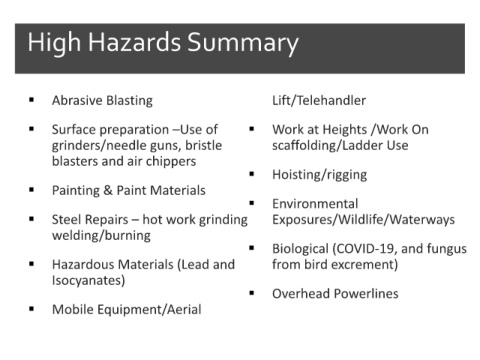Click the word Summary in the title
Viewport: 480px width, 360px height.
(x=243, y=44)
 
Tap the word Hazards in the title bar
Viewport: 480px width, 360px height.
(x=134, y=42)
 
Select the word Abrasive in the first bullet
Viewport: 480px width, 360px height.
(x=76, y=100)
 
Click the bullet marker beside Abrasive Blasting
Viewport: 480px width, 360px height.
(x=32, y=99)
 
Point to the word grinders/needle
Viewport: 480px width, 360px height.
(x=95, y=146)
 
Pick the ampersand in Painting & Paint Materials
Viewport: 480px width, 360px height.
(x=108, y=191)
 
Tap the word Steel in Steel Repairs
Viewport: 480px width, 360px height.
(x=64, y=220)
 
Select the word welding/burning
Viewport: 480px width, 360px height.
(x=101, y=236)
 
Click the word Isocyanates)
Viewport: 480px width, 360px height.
(x=88, y=280)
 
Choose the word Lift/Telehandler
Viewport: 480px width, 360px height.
(x=319, y=101)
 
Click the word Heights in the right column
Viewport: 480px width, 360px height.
(x=344, y=130)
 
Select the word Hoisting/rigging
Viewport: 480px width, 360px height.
(x=320, y=175)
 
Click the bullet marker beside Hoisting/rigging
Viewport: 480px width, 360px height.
(x=252, y=173)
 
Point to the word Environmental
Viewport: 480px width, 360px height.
(x=315, y=204)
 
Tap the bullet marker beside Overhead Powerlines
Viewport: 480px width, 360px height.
(x=252, y=293)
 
